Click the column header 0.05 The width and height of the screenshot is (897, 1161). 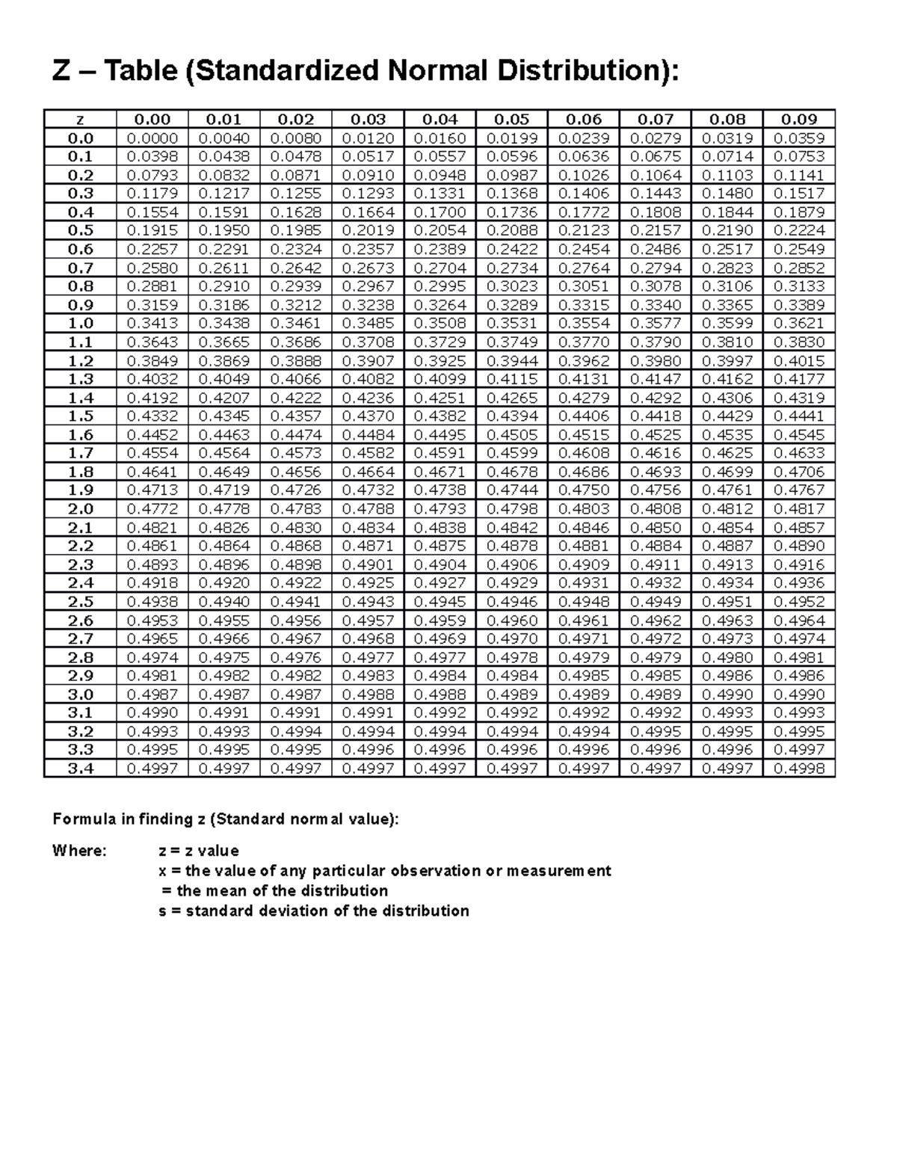pos(511,119)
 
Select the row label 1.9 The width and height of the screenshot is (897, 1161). pos(80,490)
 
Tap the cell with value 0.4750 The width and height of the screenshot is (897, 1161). pos(584,490)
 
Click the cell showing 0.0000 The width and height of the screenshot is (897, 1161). pos(152,138)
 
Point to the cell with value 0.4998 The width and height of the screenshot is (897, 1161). pos(799,768)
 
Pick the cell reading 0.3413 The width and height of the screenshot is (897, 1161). pos(152,323)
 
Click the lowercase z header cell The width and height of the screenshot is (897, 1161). pos(80,119)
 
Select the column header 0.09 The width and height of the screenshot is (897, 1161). pos(799,119)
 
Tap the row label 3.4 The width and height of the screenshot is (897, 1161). pos(80,768)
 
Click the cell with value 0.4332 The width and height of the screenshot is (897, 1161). pos(152,416)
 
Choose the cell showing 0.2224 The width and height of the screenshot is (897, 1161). pos(799,230)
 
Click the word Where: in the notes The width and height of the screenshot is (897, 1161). pos(79,851)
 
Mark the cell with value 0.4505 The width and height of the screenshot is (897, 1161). pos(511,434)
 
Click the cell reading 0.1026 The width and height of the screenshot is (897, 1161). pos(584,175)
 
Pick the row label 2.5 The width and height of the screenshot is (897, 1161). pos(80,601)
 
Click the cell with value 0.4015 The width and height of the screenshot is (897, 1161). pos(799,360)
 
